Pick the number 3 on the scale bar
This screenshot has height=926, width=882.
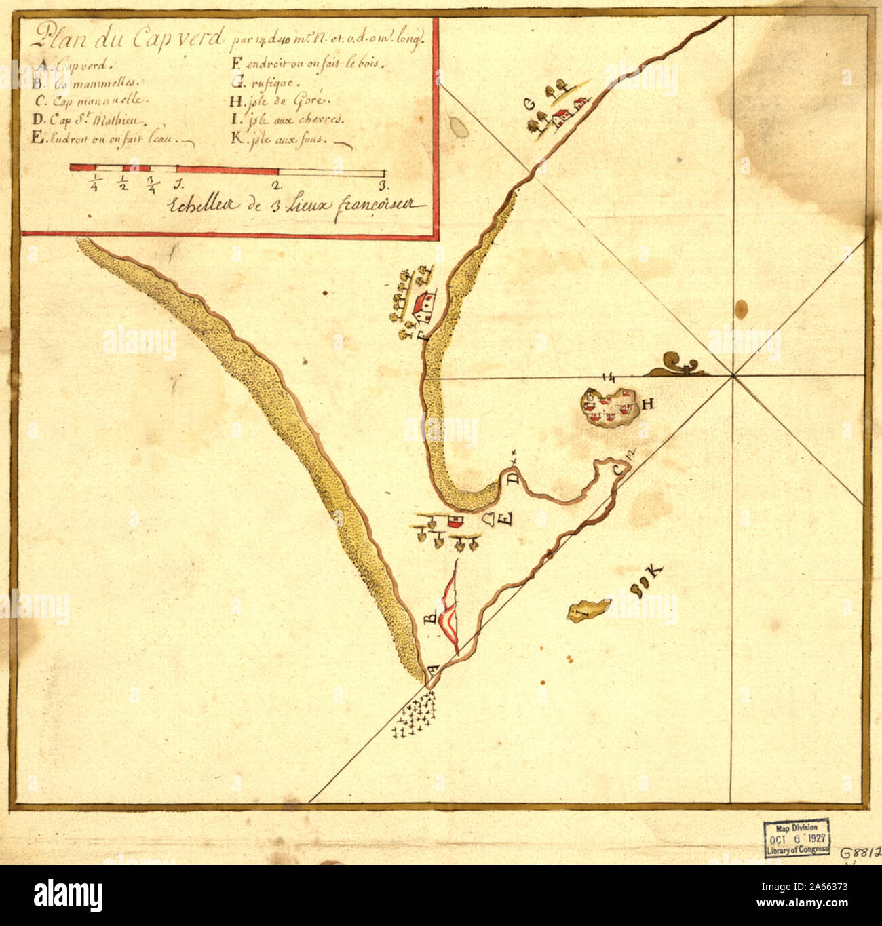pos(383,185)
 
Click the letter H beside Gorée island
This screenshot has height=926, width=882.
pos(647,405)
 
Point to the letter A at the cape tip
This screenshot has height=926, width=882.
pos(431,667)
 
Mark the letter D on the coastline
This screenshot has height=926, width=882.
pos(513,479)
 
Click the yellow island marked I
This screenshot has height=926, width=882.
pos(588,609)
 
